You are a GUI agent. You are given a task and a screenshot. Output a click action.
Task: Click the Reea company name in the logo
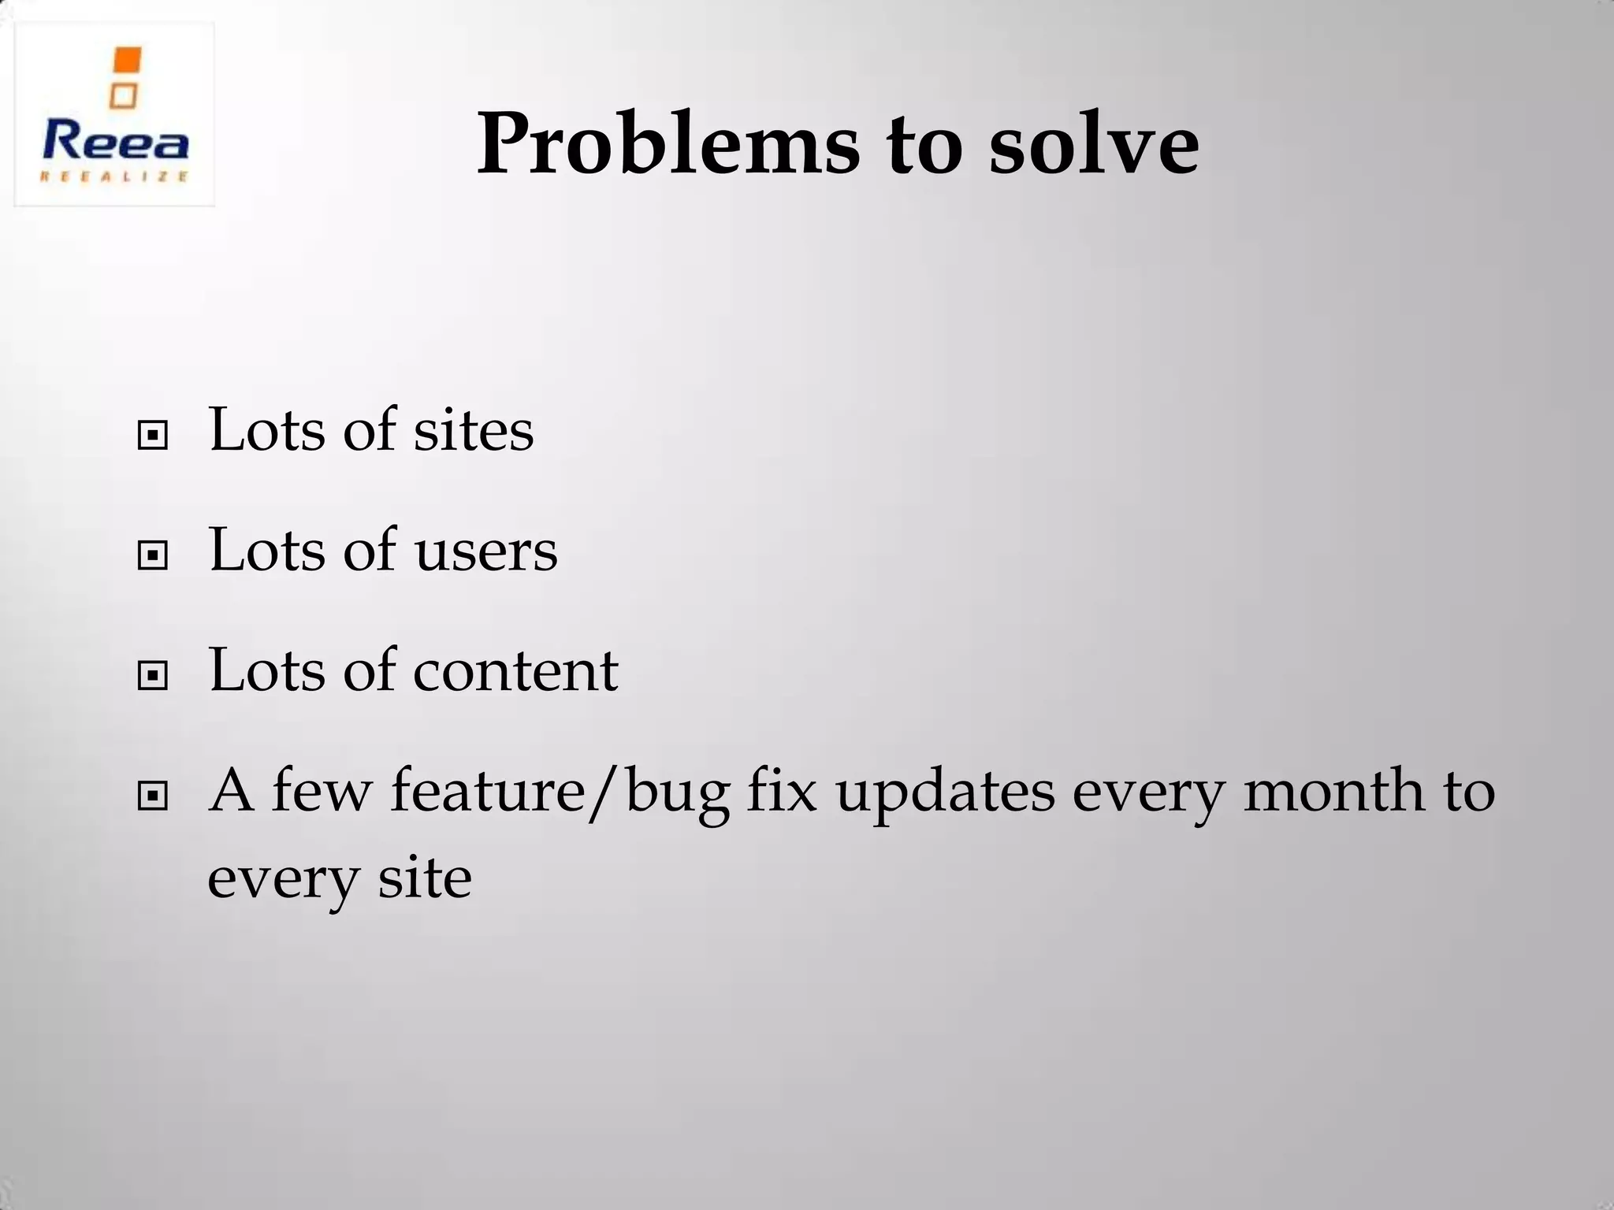point(115,143)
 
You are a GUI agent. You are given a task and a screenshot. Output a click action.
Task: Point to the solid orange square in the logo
point(127,61)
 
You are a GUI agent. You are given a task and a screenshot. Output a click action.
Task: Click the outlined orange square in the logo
point(123,96)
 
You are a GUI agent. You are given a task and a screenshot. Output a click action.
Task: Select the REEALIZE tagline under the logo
point(115,176)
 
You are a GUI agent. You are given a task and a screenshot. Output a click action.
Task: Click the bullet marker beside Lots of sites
point(152,435)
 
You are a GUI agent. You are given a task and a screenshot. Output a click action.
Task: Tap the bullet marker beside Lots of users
point(152,555)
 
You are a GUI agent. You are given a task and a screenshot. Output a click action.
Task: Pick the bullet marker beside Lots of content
point(152,675)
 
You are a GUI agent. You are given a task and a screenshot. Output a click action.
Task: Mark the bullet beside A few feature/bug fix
point(152,796)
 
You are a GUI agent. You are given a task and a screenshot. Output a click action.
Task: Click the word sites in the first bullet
point(473,432)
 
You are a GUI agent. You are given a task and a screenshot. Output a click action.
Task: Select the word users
point(485,551)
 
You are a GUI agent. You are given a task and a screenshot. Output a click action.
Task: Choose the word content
point(515,671)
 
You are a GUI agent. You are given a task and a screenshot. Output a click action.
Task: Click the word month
point(1333,791)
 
